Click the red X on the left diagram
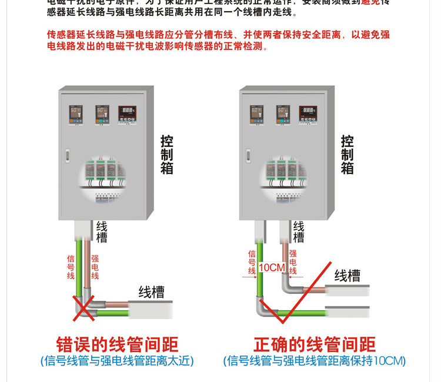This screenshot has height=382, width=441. (84, 308)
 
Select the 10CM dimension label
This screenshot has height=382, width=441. (272, 268)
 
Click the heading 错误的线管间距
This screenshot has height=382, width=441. (117, 344)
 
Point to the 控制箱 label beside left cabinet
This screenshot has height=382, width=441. (167, 155)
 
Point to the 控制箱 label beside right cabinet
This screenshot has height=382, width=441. (348, 155)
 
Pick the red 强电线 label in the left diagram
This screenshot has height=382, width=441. (95, 267)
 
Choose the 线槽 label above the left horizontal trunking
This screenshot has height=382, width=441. (151, 291)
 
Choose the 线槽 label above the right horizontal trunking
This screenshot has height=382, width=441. (347, 276)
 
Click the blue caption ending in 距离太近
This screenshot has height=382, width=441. (116, 361)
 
